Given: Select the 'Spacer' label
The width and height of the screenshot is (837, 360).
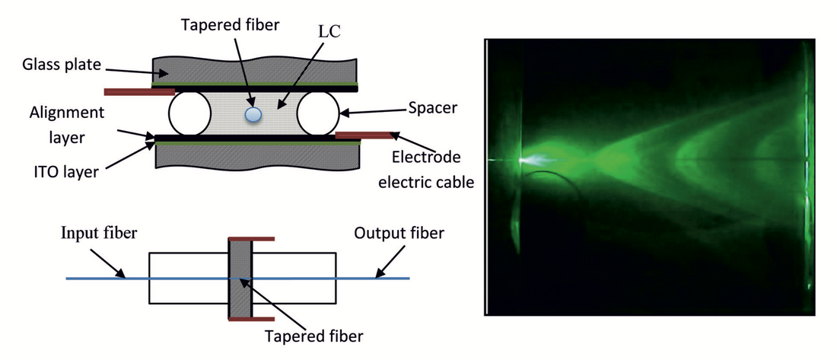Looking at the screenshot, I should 432,109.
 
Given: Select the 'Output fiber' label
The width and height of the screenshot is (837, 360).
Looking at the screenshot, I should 399,232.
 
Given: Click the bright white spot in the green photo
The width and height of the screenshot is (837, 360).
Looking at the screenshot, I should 524,161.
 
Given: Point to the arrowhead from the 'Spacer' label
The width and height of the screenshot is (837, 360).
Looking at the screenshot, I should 342,115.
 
